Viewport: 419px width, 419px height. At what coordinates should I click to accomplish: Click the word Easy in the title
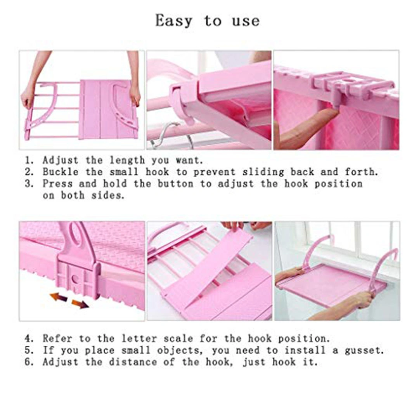pyautogui.click(x=174, y=21)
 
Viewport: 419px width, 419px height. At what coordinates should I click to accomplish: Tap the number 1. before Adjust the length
pyautogui.click(x=29, y=160)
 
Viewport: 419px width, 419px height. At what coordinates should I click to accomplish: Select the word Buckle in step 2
pyautogui.click(x=61, y=172)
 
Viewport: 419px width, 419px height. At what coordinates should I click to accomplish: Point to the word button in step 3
pyautogui.click(x=175, y=184)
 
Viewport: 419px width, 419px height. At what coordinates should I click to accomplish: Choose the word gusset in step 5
pyautogui.click(x=364, y=351)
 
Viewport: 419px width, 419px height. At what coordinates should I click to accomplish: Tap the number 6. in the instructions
pyautogui.click(x=29, y=362)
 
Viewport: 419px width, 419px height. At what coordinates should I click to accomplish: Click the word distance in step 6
pyautogui.click(x=133, y=362)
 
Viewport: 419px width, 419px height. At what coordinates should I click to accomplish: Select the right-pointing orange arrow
pyautogui.click(x=80, y=304)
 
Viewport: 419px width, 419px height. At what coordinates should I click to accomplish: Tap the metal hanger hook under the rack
pyautogui.click(x=171, y=135)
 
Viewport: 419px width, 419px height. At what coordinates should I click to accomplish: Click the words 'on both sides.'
pyautogui.click(x=84, y=195)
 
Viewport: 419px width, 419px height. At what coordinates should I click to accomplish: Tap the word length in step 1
pyautogui.click(x=127, y=161)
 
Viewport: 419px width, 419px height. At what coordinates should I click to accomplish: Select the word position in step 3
pyautogui.click(x=338, y=184)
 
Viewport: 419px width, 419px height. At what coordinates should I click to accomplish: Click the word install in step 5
pyautogui.click(x=305, y=350)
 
